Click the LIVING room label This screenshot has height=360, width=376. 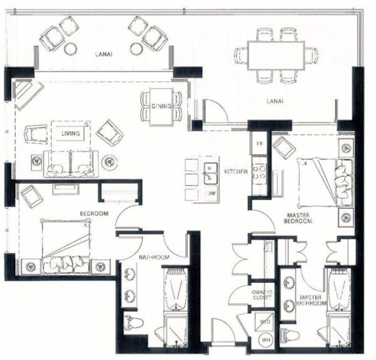pyautogui.click(x=71, y=133)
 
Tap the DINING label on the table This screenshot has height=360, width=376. pyautogui.click(x=162, y=106)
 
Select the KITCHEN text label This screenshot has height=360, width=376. pyautogui.click(x=235, y=171)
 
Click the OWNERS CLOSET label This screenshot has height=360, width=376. pyautogui.click(x=262, y=295)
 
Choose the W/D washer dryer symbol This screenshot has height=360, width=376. pyautogui.click(x=266, y=321)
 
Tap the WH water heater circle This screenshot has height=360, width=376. pyautogui.click(x=266, y=340)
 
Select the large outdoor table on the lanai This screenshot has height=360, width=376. pyautogui.click(x=276, y=55)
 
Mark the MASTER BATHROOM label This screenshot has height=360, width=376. pyautogui.click(x=313, y=300)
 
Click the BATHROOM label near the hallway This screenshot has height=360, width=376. pyautogui.click(x=154, y=258)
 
